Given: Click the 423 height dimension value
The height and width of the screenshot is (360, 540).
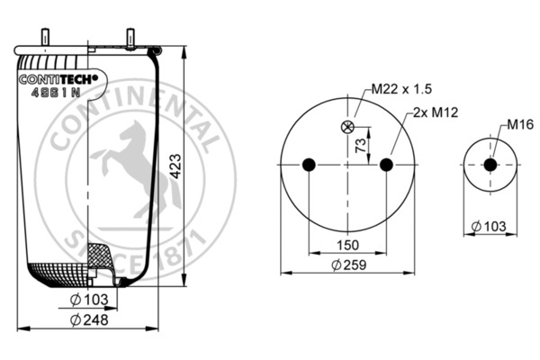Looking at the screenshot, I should click(x=177, y=166).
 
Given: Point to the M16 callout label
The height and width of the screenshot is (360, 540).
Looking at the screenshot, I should click(x=519, y=123).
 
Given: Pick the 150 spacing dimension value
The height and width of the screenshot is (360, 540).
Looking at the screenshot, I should click(x=347, y=246).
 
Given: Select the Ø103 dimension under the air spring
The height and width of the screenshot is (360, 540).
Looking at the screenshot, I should click(x=87, y=299).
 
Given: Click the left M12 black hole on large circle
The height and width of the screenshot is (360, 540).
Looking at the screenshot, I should click(x=309, y=165).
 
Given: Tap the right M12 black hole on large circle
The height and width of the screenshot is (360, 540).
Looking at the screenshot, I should click(x=386, y=165).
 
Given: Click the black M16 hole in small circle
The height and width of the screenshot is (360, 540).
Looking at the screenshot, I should click(x=490, y=165).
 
